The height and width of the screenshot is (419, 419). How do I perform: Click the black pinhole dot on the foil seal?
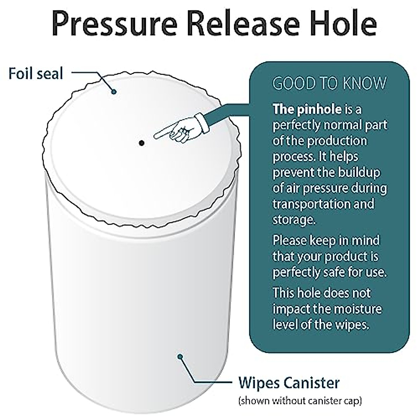[141, 143]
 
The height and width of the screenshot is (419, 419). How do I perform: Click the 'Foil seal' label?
[36, 74]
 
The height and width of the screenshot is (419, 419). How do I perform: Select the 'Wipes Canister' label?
[288, 383]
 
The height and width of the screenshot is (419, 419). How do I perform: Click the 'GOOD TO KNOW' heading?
[330, 84]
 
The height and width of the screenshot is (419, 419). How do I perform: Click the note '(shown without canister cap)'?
[300, 400]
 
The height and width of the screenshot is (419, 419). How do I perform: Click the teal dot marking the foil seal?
[114, 92]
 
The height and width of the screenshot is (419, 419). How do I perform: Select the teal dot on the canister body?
[180, 356]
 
